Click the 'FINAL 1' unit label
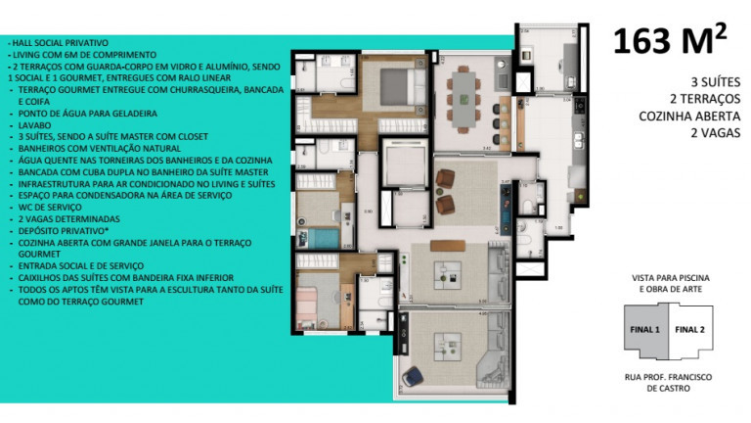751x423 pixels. [644, 329]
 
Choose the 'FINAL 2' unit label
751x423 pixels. [691, 329]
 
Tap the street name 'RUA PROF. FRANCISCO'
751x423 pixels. [670, 376]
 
